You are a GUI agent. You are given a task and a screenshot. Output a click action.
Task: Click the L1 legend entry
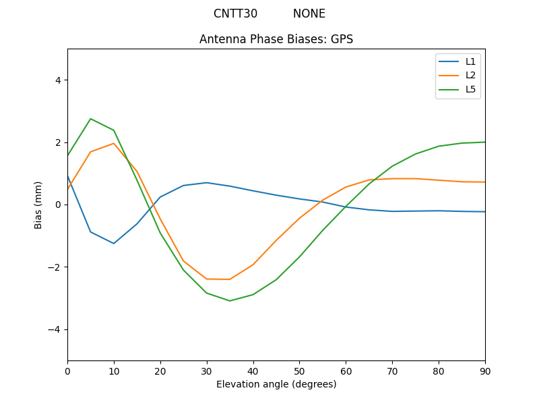pos(470,61)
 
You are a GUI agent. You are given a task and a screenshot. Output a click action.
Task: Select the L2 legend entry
pos(470,75)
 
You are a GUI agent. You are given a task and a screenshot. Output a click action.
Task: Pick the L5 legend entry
pos(470,89)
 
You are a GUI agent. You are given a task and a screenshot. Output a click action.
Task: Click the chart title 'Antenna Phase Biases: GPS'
pos(276,39)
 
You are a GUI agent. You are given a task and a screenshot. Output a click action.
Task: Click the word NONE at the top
pos(309,13)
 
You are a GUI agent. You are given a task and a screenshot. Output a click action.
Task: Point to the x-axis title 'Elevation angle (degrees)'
pos(276,384)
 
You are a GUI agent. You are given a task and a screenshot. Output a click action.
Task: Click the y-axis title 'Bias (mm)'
pos(38,205)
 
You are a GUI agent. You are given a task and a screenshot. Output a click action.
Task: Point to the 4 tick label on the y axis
pos(58,80)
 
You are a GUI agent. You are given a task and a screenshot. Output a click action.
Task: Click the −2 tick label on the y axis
pos(55,267)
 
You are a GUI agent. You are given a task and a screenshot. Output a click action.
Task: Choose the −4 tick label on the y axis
pos(55,329)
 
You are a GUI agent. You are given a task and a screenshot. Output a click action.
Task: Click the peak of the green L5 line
pos(91,119)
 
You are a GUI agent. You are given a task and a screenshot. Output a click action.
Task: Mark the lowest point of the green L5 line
pos(230,301)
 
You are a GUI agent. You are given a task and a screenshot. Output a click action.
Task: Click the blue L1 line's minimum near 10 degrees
pos(114,244)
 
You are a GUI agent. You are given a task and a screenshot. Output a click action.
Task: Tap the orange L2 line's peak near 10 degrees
pos(114,143)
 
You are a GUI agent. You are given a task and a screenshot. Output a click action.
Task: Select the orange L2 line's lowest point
pos(230,279)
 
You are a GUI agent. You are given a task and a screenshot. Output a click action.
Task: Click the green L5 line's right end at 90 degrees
pos(484,142)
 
